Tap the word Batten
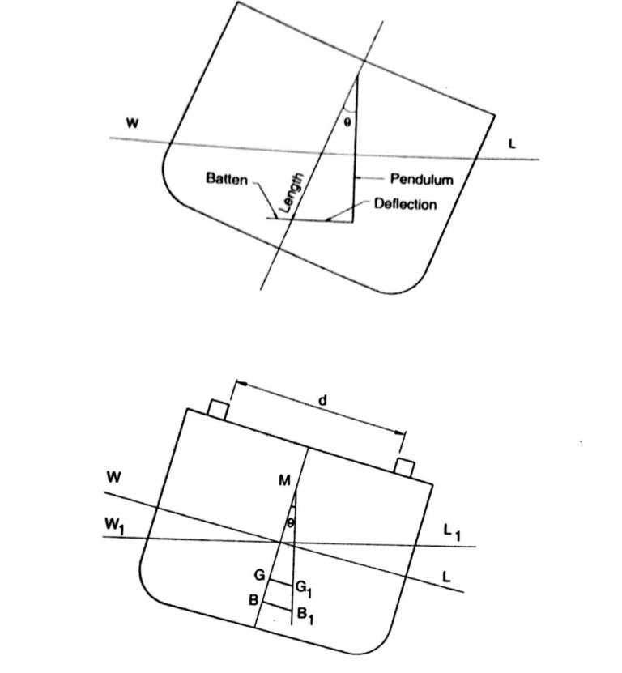pyautogui.click(x=227, y=179)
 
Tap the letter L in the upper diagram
pyautogui.click(x=512, y=144)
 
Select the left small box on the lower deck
pyautogui.click(x=217, y=410)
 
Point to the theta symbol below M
pyautogui.click(x=291, y=524)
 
